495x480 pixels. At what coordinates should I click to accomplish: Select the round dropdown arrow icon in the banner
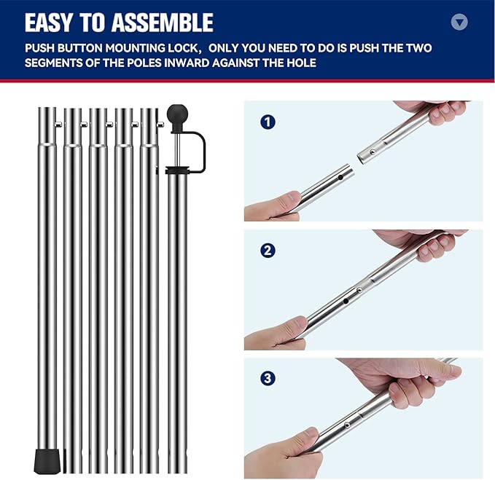click(459, 22)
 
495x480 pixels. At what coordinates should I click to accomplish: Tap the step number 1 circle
click(268, 122)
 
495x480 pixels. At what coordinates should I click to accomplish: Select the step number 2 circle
click(268, 251)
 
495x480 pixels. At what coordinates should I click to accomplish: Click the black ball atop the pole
click(177, 115)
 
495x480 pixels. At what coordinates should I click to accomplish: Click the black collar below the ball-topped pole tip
click(176, 172)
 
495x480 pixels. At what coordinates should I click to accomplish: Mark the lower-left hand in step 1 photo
click(273, 207)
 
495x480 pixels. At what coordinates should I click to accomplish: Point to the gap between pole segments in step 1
click(355, 162)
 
